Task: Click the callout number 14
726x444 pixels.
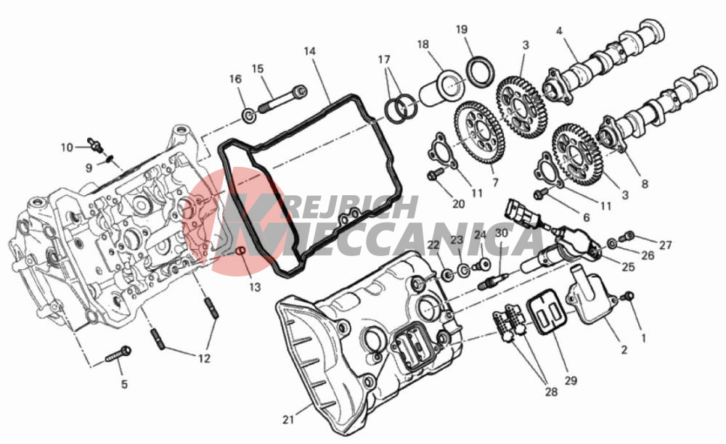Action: click(310, 51)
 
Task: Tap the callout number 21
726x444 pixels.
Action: click(288, 419)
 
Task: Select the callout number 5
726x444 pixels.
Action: click(124, 384)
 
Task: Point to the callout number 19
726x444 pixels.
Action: click(462, 30)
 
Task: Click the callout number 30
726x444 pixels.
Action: click(502, 234)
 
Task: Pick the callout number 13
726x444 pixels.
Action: click(255, 287)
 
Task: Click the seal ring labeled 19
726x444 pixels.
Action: click(479, 71)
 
